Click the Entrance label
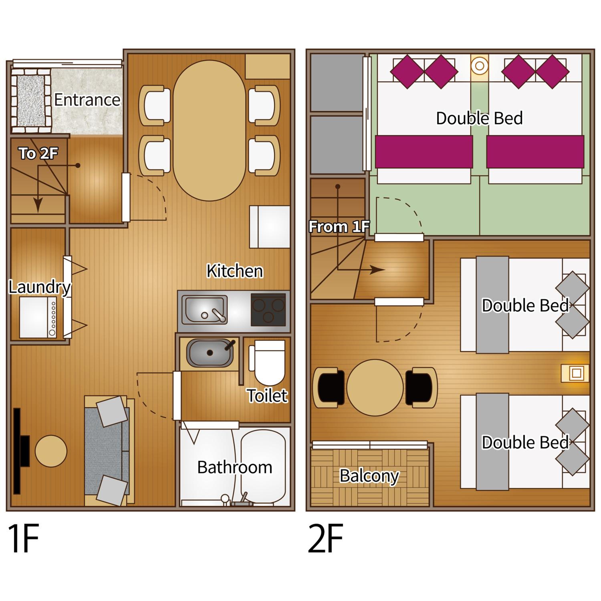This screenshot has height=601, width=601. click(87, 100)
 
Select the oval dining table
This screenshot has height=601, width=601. click(209, 131)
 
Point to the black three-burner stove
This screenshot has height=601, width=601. click(268, 310)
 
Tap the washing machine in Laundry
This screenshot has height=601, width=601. click(38, 318)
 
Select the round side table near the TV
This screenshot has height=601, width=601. click(51, 451)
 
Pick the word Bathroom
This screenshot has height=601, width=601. click(235, 467)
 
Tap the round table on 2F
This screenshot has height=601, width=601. click(375, 388)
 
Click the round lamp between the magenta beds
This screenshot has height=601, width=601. click(479, 66)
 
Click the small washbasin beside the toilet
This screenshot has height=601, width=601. click(210, 353)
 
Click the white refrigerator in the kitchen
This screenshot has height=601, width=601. click(269, 227)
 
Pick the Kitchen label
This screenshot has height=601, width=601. click(235, 271)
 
